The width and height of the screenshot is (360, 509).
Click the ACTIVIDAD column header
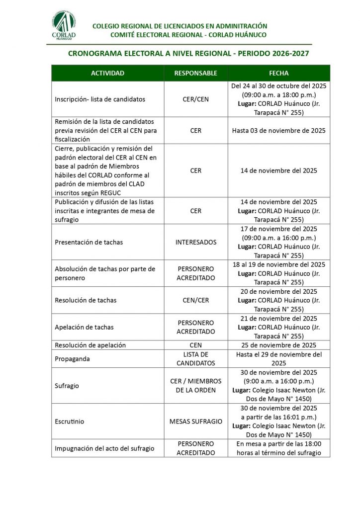coord(107,73)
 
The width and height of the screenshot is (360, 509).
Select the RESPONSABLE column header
coord(195,73)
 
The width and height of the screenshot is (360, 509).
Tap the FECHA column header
coord(278,73)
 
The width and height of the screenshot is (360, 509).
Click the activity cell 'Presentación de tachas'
coord(89,242)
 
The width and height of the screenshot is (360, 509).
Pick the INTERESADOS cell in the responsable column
coord(195,242)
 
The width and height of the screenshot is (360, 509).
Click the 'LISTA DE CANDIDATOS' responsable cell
coord(195,358)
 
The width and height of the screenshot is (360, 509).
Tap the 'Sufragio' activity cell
coord(67,385)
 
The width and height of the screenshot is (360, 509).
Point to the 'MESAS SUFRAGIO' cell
coord(195,421)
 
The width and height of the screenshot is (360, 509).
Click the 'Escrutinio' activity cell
coord(69,421)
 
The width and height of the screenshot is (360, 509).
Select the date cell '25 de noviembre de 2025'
coord(278,345)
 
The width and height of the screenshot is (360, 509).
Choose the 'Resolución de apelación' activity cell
coord(90,345)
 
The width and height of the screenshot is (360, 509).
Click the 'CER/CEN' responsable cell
coord(195,99)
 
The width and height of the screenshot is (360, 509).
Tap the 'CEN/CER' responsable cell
coord(195,300)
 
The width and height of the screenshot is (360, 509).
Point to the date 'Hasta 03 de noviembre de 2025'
coord(278,130)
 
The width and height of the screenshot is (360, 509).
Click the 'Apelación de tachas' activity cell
coord(84,327)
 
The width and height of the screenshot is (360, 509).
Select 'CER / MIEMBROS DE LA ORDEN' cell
coord(195,385)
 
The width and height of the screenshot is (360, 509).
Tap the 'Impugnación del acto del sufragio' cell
coord(104,448)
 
